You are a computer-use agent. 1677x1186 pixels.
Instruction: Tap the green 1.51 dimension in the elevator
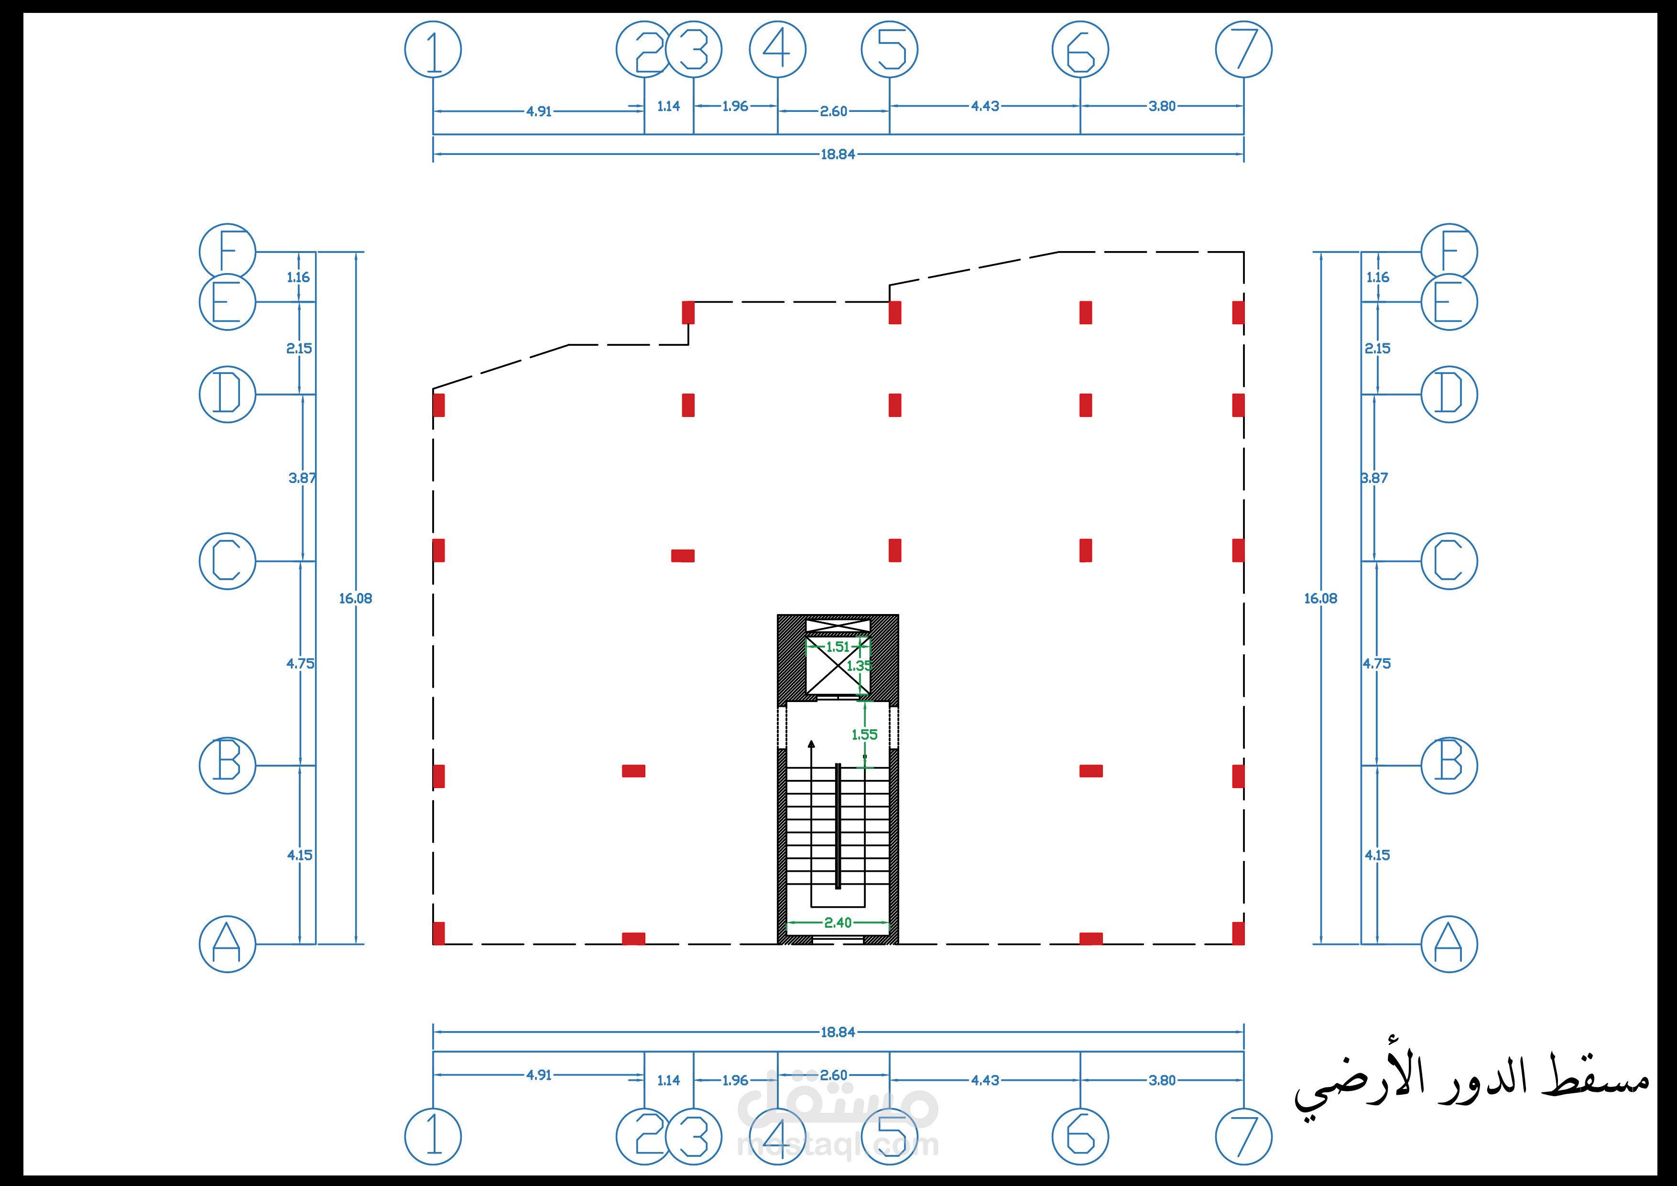tap(838, 647)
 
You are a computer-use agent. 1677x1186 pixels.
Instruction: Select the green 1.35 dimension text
tap(859, 666)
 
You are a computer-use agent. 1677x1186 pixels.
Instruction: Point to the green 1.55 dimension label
tap(865, 735)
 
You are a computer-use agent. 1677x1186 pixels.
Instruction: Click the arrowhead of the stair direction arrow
tap(811, 745)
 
